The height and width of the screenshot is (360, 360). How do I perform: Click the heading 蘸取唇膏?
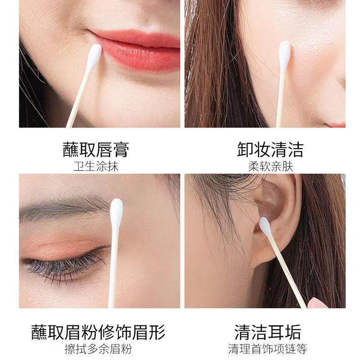(x=96, y=149)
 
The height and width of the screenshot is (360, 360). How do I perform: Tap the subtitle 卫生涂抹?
(x=96, y=166)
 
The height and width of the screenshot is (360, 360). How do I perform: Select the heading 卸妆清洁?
(x=270, y=149)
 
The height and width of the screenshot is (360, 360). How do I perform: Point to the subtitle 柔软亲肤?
(x=271, y=166)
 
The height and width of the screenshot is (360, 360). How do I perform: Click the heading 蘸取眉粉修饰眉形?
(x=98, y=332)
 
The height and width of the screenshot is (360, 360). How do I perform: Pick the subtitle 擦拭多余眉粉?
(x=98, y=349)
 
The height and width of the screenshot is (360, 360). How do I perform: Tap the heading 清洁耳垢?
(x=267, y=332)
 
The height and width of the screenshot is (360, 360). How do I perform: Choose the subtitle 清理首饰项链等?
(x=267, y=349)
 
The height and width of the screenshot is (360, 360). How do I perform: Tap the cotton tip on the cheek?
(x=284, y=55)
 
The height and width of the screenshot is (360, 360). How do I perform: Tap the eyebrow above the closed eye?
(x=64, y=208)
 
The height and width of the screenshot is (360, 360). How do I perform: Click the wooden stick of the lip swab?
(x=77, y=99)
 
